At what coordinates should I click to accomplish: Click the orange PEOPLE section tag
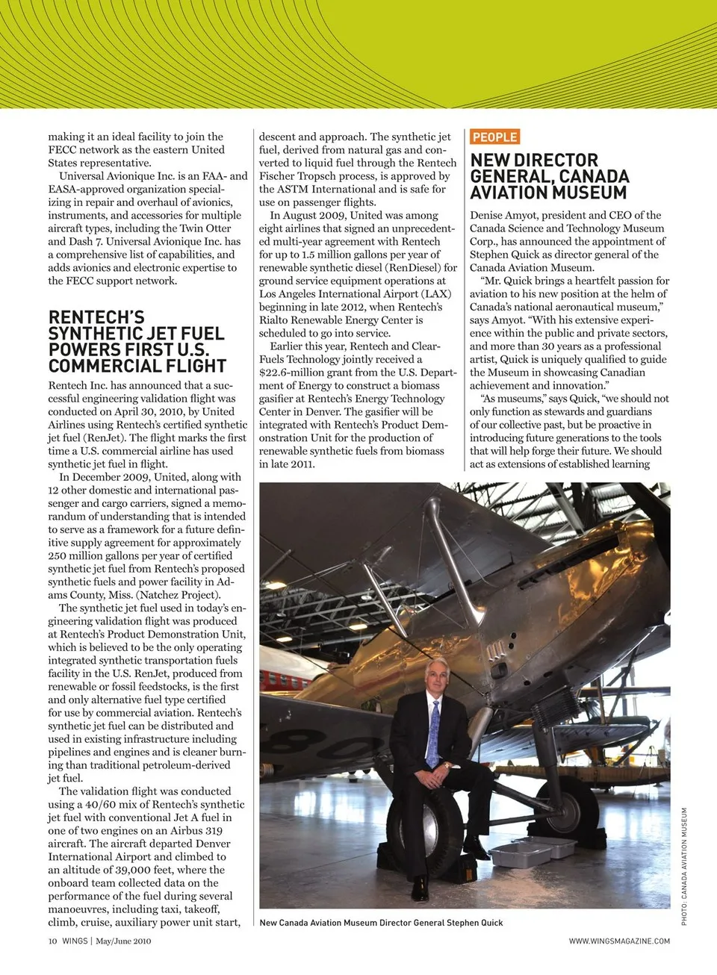pyautogui.click(x=494, y=137)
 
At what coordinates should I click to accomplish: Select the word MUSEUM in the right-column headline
pyautogui.click(x=589, y=193)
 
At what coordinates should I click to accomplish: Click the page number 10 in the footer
pyautogui.click(x=52, y=941)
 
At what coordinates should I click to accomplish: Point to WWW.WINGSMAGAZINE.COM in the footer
pyautogui.click(x=619, y=941)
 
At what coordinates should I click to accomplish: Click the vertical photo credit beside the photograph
pyautogui.click(x=684, y=866)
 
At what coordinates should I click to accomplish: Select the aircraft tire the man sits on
pyautogui.click(x=434, y=829)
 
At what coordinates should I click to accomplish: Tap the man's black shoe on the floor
pyautogui.click(x=420, y=888)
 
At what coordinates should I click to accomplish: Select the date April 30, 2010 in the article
pyautogui.click(x=161, y=411)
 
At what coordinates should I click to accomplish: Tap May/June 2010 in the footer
pyautogui.click(x=123, y=941)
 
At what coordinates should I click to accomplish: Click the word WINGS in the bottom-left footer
pyautogui.click(x=75, y=941)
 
